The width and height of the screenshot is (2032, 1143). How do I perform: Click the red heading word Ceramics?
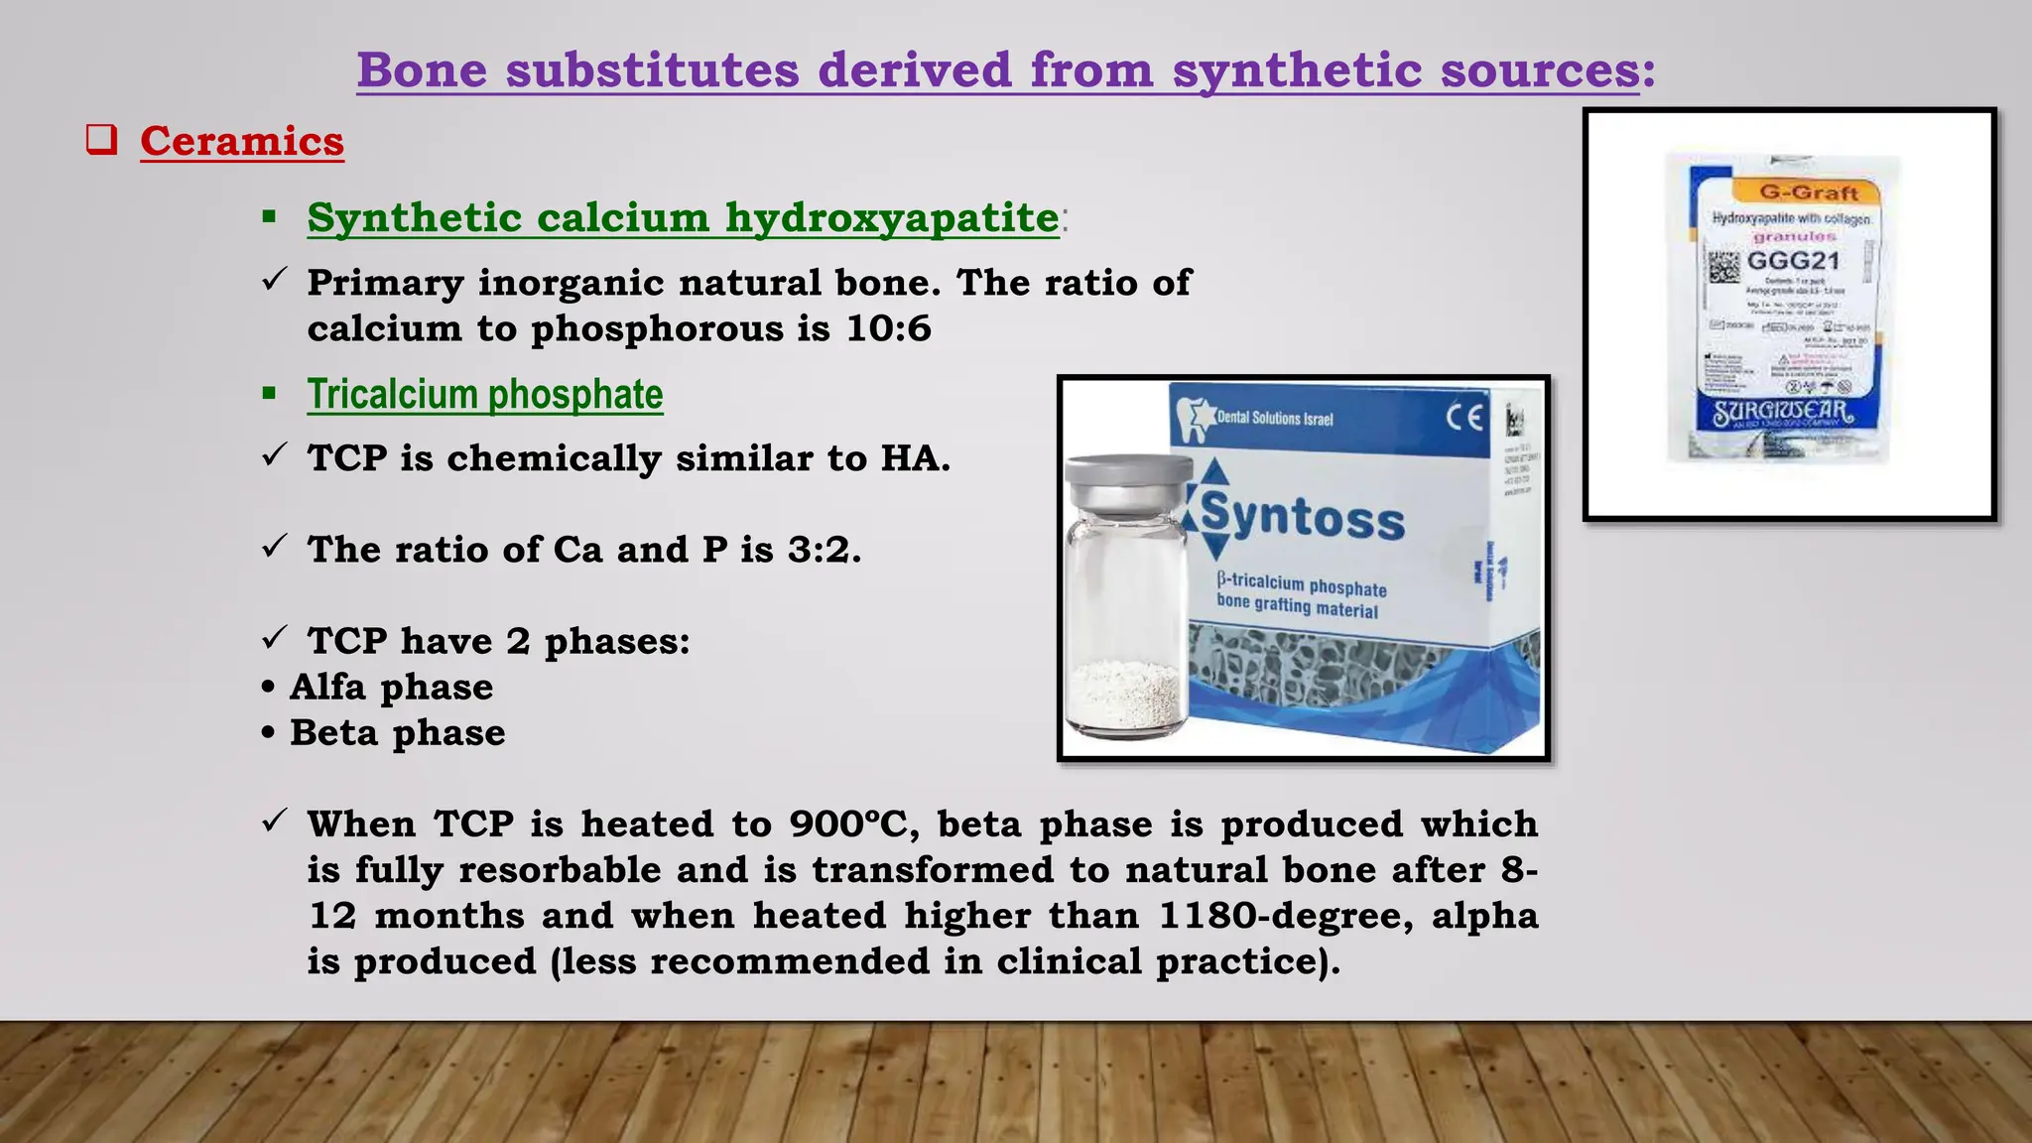pos(242,142)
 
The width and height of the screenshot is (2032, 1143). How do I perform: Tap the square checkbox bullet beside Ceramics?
pos(101,140)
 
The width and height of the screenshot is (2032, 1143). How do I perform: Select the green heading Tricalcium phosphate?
pos(484,395)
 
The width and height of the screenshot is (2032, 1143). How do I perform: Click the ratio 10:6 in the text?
pos(889,329)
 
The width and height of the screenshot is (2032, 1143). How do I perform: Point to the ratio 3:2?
pos(823,550)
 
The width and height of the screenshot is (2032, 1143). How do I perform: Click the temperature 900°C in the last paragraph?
pos(847,825)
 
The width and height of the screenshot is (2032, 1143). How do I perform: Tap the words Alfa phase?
pos(391,688)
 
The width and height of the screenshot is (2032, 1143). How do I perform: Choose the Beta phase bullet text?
pos(397,733)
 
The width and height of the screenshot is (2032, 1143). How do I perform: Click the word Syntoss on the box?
pos(1302,517)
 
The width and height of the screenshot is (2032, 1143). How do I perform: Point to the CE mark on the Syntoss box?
pos(1464,417)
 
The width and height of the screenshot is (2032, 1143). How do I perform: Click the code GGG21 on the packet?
pos(1793,262)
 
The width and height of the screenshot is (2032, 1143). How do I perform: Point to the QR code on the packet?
pos(1723,266)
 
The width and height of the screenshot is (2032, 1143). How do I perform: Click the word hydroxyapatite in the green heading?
pos(892,218)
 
